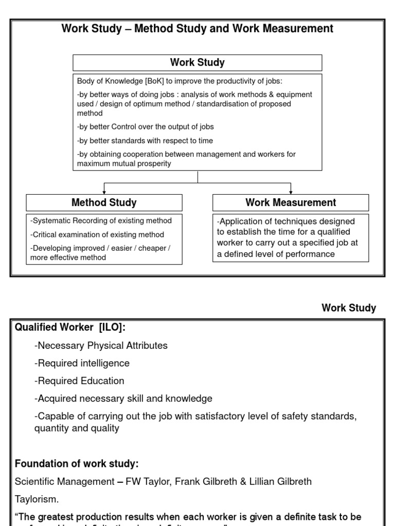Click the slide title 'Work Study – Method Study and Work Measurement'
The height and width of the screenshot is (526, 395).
coord(197,29)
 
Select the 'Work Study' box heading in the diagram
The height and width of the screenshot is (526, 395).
coord(197,63)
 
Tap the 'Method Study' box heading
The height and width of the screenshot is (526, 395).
coord(104,202)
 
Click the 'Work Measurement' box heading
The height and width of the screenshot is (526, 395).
coord(291,202)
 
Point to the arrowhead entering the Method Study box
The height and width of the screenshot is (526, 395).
coord(104,191)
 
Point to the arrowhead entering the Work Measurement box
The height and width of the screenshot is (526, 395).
coord(291,191)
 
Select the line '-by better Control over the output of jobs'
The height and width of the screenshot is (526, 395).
coord(145,127)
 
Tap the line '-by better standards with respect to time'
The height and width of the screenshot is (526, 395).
coord(145,141)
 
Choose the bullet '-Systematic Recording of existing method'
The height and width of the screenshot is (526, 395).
coord(101,221)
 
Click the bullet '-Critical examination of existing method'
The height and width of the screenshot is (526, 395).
coord(97,235)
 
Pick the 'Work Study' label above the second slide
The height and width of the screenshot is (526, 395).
coord(349,308)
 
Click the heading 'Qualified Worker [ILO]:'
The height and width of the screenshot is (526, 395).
coord(70,328)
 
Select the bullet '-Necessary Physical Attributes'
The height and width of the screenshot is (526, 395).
coord(101,346)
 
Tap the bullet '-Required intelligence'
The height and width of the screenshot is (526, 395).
coord(82,363)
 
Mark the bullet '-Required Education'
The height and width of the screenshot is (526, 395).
coord(79,381)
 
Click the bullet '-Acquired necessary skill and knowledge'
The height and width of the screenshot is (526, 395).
coord(123,398)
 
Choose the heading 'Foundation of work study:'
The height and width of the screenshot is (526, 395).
coord(77,464)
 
